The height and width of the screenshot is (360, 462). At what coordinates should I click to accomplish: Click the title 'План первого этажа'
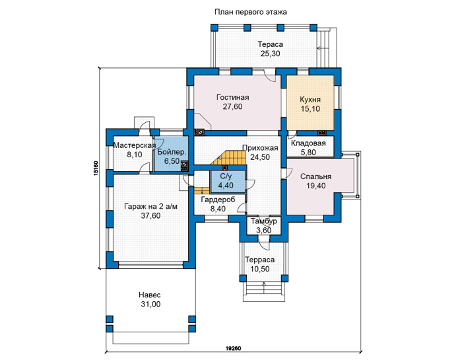(250, 13)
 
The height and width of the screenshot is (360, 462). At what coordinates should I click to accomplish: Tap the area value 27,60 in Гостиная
(232, 107)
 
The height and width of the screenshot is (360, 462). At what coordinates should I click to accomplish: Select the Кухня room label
(310, 100)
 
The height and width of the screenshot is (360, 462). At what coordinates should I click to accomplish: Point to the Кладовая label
(308, 143)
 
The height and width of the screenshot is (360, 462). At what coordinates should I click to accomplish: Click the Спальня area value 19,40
(315, 186)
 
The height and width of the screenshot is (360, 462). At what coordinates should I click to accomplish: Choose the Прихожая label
(260, 148)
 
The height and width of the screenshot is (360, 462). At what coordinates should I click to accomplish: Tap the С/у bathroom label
(226, 176)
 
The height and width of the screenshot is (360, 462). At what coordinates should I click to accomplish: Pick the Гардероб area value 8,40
(218, 209)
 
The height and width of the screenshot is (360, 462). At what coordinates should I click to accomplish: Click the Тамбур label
(264, 221)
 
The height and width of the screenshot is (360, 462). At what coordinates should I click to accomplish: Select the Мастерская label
(135, 145)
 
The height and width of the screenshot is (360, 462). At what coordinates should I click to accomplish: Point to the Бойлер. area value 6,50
(172, 161)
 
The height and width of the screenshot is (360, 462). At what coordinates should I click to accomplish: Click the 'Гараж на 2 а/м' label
(151, 207)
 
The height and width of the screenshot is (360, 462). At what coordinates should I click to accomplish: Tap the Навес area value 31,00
(150, 305)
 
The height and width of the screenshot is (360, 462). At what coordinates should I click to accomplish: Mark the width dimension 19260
(234, 349)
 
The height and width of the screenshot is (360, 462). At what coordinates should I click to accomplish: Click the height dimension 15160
(96, 168)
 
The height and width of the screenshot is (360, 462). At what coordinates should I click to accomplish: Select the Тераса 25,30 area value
(270, 54)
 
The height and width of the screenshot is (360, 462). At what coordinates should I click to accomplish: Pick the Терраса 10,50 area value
(260, 270)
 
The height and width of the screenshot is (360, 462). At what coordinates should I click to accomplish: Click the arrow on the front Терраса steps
(264, 287)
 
